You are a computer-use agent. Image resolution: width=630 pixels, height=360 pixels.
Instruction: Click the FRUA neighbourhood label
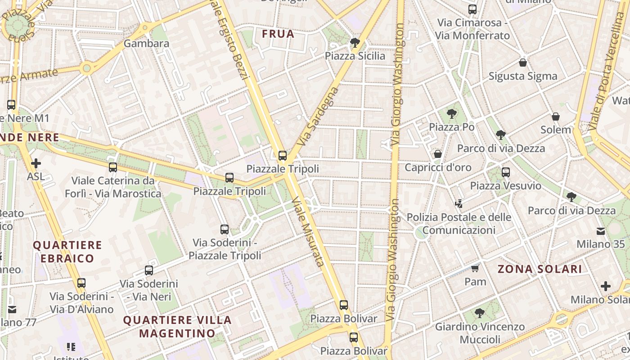[x=278, y=34]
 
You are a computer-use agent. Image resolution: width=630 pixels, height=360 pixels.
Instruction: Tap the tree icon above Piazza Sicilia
[x=355, y=43]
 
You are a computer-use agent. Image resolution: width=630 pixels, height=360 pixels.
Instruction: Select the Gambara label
[x=146, y=44]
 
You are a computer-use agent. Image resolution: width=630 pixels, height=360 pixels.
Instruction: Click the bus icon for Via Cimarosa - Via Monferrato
[x=472, y=9]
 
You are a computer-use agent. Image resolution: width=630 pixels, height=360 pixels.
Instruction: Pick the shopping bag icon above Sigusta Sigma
[x=523, y=63]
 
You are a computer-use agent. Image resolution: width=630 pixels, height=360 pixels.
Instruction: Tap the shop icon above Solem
[x=556, y=117]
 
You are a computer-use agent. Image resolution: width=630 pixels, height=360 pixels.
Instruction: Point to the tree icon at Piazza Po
[x=451, y=114]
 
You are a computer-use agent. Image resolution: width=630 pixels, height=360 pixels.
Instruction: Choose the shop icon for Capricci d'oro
[x=438, y=154]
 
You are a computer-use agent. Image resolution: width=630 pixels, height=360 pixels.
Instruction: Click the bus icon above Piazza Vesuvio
[x=506, y=172]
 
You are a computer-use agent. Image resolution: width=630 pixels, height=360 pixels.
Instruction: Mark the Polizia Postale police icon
[x=459, y=204]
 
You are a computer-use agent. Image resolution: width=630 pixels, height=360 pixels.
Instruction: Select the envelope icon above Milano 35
[x=601, y=231]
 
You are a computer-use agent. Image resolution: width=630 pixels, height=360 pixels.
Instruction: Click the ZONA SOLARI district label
[x=540, y=269]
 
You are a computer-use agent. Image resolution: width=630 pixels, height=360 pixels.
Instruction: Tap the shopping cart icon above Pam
[x=475, y=269]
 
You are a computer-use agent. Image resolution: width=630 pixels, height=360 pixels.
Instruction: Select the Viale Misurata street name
[x=307, y=231]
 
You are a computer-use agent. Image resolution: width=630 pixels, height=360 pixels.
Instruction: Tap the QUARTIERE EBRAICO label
[x=67, y=252]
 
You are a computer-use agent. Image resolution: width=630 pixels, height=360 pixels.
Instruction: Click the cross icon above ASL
[x=36, y=163]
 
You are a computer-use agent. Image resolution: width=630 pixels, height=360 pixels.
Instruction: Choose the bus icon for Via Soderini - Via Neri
[x=149, y=270]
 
